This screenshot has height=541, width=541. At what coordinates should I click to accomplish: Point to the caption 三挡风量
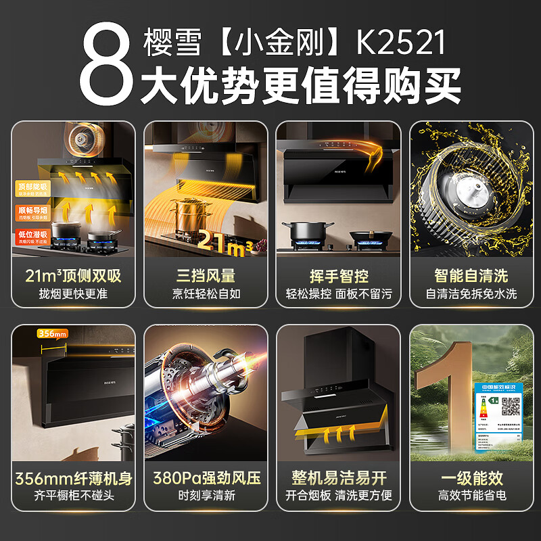206,275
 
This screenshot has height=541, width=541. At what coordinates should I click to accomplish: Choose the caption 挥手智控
338,275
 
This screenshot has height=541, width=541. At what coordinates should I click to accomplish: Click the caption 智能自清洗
471,275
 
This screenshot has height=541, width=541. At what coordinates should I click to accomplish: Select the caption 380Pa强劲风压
206,479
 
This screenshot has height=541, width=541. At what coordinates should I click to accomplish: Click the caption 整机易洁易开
338,479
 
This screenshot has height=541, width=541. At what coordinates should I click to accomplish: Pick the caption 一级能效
471,479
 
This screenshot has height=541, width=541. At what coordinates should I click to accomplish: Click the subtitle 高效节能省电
471,497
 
